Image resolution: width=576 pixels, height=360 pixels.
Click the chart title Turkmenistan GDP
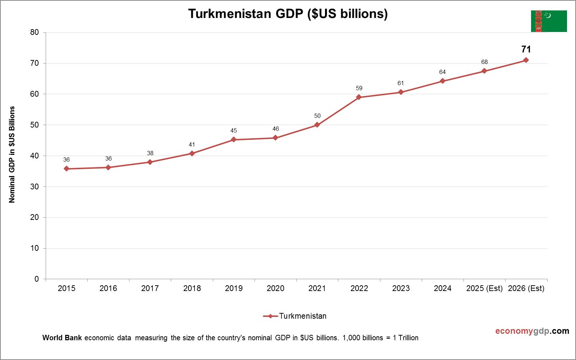point(288,14)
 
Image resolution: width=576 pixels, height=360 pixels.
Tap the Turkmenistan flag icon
point(549,21)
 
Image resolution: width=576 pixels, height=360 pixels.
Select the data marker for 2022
point(359,97)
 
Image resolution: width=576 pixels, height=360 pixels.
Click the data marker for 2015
point(67,169)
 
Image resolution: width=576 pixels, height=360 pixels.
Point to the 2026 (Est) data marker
point(526,60)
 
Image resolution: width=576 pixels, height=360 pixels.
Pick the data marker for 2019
point(234,139)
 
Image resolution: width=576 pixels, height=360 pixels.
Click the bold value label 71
point(526,49)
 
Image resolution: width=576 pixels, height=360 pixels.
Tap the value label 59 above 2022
point(359,88)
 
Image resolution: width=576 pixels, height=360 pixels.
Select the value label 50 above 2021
point(317,116)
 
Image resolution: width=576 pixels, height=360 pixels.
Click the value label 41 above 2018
point(192,144)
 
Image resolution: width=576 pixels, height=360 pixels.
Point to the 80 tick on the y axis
point(35,32)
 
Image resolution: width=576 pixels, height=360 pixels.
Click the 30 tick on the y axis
point(35,186)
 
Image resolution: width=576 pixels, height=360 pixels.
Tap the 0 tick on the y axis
point(37,279)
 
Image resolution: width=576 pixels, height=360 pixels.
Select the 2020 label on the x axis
point(275,288)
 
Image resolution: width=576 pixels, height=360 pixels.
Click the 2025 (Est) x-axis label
point(484,288)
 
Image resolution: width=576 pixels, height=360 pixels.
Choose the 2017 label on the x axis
point(150,288)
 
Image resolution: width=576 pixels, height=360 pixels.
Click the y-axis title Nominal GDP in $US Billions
point(12,154)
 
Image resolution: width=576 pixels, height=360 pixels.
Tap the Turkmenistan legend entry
point(302,316)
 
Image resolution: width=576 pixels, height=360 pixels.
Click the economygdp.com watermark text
point(532,331)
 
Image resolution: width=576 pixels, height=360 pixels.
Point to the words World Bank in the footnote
point(62,338)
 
